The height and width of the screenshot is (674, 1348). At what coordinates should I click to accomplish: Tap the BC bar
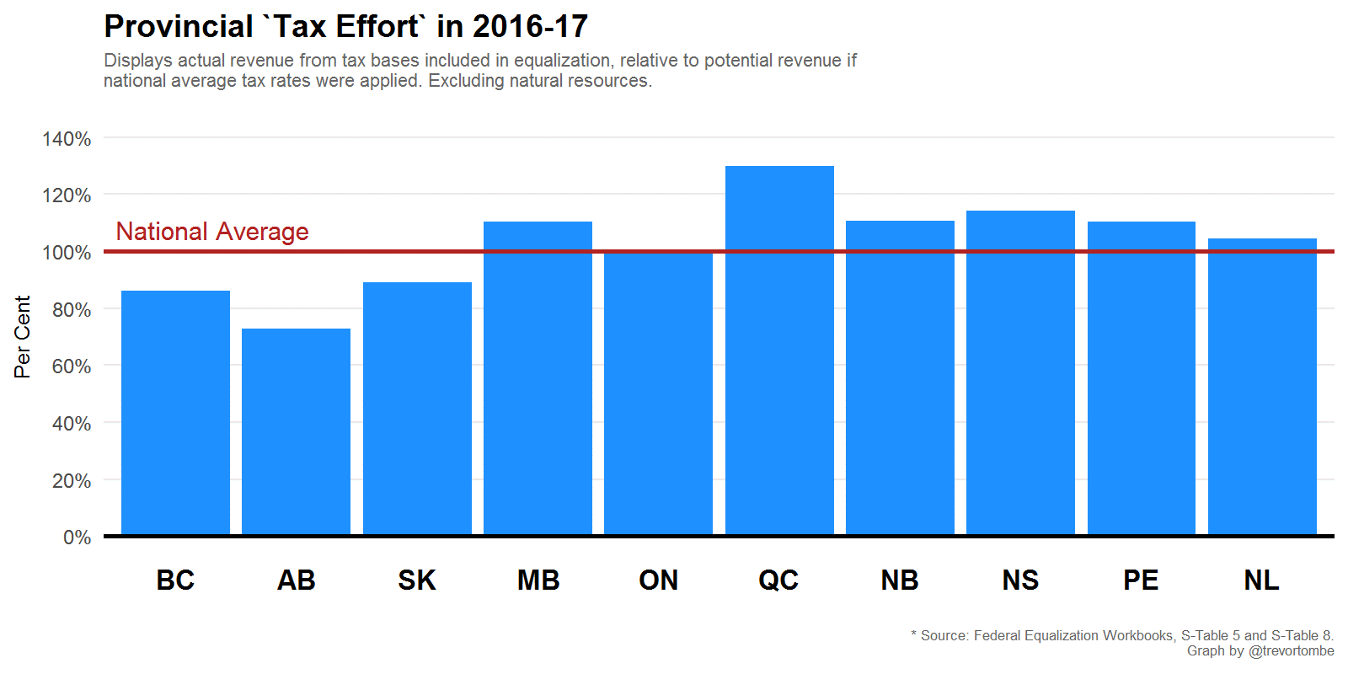coord(175,413)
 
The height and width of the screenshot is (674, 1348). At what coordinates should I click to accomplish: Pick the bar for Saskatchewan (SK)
coord(417,409)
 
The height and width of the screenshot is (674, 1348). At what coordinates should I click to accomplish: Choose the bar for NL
coord(1262,387)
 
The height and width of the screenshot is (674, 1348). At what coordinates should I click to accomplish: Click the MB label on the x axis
coord(538,580)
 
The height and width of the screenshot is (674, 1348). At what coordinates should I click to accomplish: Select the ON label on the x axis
coord(658,580)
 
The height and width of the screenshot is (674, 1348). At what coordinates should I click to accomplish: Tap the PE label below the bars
coord(1141,580)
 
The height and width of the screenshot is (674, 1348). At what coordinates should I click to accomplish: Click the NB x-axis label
coord(900,580)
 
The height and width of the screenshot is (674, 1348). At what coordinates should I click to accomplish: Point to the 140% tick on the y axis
coord(67,139)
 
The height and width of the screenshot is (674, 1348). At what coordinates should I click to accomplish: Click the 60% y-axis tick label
coord(71,366)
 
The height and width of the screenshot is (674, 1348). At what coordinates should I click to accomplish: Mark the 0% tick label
coord(77,538)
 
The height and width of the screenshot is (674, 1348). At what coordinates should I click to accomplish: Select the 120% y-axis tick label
coord(67,195)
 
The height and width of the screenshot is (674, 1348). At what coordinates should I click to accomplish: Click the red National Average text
coord(212,232)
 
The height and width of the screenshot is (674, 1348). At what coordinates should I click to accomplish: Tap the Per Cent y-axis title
coord(23,336)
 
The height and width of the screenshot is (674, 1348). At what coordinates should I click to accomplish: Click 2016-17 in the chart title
coord(530,27)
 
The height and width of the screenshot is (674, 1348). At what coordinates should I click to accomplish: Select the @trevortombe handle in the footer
coord(1291,651)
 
